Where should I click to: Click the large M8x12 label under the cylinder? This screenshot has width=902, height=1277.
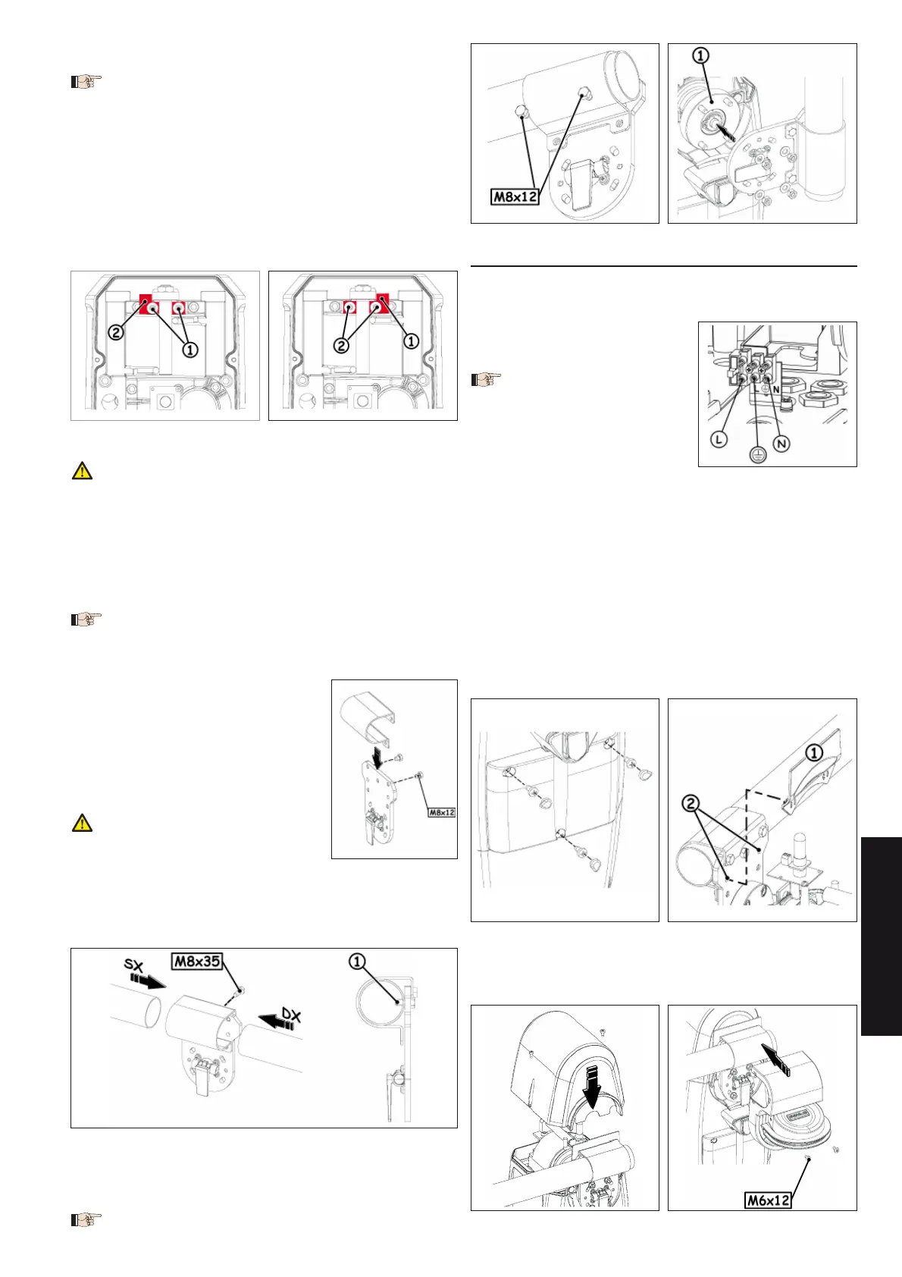pos(515,196)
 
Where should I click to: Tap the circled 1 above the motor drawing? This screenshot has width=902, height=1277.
pos(700,55)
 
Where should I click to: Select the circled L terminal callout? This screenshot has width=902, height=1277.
pos(719,439)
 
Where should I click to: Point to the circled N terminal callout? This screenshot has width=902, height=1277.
pos(781,444)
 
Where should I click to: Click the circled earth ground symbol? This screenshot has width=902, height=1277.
pos(757,454)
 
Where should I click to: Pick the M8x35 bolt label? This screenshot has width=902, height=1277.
pos(196,962)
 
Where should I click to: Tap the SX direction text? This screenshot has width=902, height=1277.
pos(133,965)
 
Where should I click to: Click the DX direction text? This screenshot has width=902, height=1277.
pos(291,1016)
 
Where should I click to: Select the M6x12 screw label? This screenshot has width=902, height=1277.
pos(768,1200)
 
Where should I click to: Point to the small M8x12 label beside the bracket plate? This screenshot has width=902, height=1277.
pos(442,812)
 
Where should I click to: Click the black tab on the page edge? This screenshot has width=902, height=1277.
pos(882,936)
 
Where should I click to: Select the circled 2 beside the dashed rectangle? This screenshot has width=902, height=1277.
pos(691,804)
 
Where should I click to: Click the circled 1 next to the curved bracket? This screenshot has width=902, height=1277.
pos(814,753)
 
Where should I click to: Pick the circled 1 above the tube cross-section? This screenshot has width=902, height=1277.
pos(357,962)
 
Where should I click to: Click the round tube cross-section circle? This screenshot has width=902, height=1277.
pos(379,1002)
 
